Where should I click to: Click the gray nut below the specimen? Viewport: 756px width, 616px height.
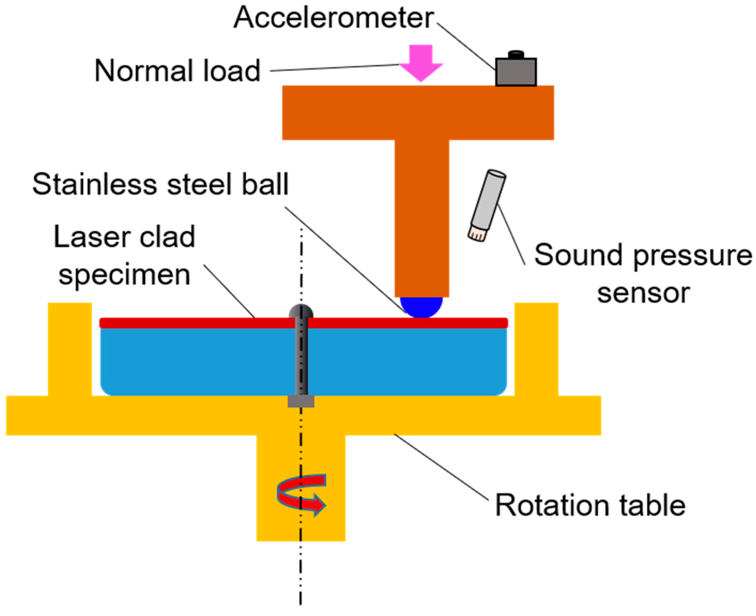(301, 401)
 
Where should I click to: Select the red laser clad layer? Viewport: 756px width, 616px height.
(391, 323)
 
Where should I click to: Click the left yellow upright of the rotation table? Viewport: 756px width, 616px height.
(70, 348)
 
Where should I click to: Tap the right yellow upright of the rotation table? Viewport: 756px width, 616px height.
(536, 348)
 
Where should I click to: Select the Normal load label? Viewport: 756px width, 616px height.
(178, 71)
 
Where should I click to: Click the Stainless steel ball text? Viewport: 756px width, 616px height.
(161, 185)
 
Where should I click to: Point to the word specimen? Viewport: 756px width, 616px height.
(124, 275)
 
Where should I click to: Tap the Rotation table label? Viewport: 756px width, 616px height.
(590, 506)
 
